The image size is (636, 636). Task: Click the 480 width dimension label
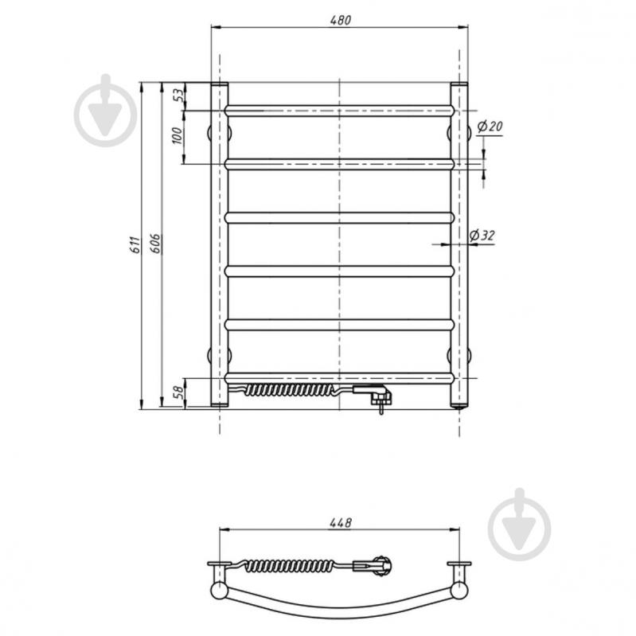pos(340,20)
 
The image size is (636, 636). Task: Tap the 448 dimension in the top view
pos(340,523)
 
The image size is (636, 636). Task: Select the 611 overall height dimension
pos(135,244)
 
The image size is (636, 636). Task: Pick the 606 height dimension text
pos(156,244)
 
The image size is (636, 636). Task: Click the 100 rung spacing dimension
pos(178,135)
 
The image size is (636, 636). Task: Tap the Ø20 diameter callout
pos(490,127)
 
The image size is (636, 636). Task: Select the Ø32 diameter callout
pos(482,236)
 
